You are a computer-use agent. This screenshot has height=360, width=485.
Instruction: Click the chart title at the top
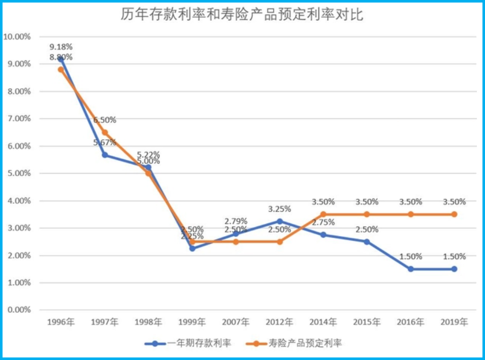[x=242, y=15]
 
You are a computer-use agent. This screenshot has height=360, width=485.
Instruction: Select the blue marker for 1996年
[x=61, y=59]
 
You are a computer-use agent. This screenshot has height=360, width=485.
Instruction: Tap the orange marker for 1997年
[x=105, y=133]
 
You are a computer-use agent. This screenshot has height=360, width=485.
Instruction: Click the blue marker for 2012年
[x=279, y=221]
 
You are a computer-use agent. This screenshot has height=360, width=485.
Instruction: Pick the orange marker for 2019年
[x=454, y=214]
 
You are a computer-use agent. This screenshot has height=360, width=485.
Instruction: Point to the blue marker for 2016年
[x=410, y=269]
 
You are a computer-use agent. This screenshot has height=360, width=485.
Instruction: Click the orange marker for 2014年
[x=323, y=214]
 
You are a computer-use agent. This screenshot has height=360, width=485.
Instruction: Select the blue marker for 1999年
[x=192, y=248]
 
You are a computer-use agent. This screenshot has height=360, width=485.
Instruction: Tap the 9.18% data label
[x=61, y=47]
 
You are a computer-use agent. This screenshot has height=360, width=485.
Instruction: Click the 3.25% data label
[x=279, y=209]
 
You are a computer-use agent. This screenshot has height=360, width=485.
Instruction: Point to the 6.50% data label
[x=105, y=120]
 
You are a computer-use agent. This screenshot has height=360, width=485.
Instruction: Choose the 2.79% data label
[x=236, y=221]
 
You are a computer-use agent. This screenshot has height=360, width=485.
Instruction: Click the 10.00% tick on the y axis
[x=17, y=37]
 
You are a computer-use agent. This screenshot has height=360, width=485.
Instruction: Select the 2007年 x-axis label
[x=236, y=322]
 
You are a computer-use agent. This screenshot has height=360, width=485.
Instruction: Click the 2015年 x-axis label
[x=367, y=322]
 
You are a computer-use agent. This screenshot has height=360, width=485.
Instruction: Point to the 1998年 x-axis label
[x=148, y=322]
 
